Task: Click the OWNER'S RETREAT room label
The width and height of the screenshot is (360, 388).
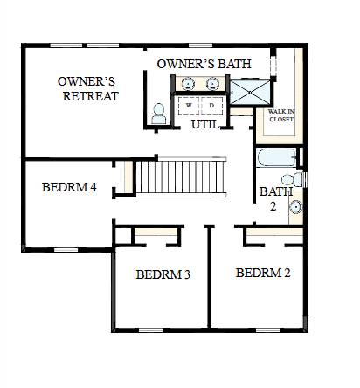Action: (88, 89)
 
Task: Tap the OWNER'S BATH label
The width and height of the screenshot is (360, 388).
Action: (204, 64)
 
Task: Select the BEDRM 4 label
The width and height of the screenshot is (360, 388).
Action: (69, 187)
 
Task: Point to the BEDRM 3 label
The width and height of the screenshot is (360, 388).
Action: (163, 274)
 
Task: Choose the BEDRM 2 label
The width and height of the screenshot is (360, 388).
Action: (263, 273)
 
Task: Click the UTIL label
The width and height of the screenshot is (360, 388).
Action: (204, 125)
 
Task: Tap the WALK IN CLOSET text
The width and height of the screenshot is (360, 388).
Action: (281, 115)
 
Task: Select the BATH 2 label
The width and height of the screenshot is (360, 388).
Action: (275, 199)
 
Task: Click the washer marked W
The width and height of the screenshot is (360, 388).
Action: (189, 106)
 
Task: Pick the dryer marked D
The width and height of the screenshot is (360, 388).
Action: (211, 106)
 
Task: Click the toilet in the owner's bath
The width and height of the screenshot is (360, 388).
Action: (159, 114)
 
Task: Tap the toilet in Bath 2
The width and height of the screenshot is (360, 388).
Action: (293, 179)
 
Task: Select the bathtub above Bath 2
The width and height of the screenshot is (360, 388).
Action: (277, 157)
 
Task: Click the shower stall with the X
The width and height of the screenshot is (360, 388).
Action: (250, 92)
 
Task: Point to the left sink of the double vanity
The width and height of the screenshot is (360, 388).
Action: (188, 84)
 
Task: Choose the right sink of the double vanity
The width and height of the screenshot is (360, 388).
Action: (212, 84)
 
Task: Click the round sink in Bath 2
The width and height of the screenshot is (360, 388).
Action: (296, 207)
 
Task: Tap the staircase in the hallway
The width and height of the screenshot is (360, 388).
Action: (181, 177)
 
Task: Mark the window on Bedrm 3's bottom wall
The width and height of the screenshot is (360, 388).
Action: (150, 330)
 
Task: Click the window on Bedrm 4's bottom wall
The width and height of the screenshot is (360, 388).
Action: (66, 250)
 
